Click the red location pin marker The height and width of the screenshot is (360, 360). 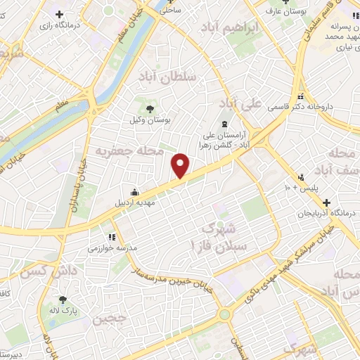click(181, 166)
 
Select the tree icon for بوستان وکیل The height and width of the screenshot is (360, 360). click(150, 108)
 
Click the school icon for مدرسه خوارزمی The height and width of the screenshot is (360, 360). click(111, 238)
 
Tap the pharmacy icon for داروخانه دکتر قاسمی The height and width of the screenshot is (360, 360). click(300, 96)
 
